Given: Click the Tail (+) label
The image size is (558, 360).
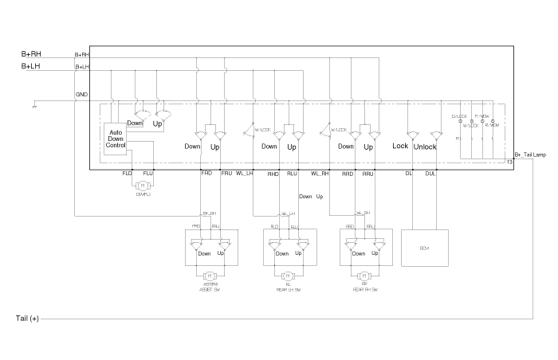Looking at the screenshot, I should point(27,319).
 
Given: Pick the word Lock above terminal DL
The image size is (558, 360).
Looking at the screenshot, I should point(400,147).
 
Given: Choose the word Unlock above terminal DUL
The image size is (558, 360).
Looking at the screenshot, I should point(426,147).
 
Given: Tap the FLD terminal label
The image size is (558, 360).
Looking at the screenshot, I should point(128,173).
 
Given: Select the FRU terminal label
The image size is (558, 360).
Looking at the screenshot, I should point(226,173).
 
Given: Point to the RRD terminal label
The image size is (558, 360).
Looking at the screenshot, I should point(348,173).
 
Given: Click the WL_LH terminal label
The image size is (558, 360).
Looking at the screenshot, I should point(244,173).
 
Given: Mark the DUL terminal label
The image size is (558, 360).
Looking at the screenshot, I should point(430,173).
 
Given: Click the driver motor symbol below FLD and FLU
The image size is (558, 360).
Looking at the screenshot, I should point(143,186).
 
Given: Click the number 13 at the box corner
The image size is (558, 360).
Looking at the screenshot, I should point(509,162).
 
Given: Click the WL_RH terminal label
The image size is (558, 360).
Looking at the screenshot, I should point(320,173).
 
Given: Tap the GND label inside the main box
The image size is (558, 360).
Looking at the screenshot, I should point(81,95).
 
